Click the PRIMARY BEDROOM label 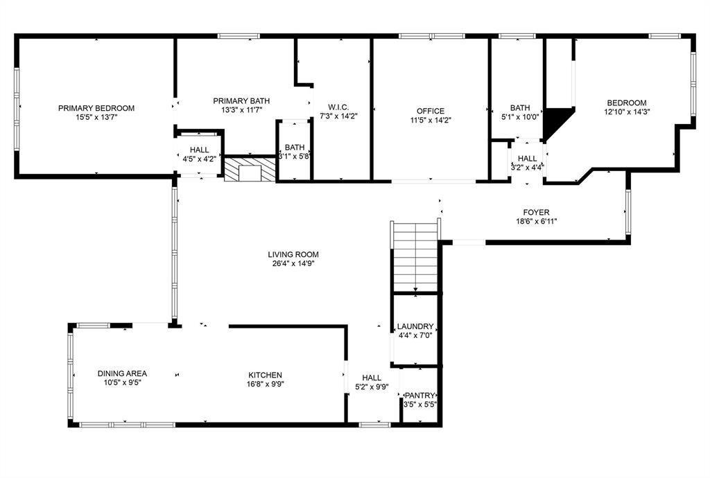click(x=96, y=108)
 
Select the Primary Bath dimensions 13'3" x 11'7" click(x=241, y=110)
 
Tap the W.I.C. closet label click(x=338, y=107)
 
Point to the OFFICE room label click(x=430, y=111)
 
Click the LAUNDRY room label click(x=415, y=327)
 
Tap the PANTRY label click(x=419, y=396)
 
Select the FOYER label click(x=536, y=212)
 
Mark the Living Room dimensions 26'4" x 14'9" click(x=293, y=263)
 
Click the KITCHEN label click(x=264, y=375)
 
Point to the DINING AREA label click(x=122, y=373)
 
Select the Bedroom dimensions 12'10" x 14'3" click(x=627, y=111)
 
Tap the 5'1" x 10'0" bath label click(x=520, y=117)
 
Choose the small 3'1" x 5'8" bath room click(x=295, y=151)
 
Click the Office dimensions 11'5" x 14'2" click(x=430, y=120)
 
